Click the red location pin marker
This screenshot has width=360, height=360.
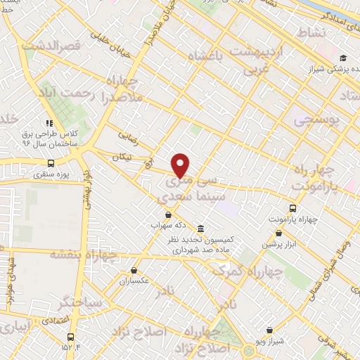point(181,165)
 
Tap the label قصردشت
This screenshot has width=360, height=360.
point(48,46)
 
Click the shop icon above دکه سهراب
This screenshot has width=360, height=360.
point(167,215)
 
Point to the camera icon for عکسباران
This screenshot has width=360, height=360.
point(134,270)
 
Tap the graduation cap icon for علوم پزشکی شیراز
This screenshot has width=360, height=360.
point(342,58)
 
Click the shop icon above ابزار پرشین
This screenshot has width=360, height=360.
point(280,233)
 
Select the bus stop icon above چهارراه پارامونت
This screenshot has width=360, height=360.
point(292,208)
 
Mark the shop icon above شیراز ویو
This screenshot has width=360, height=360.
point(269,330)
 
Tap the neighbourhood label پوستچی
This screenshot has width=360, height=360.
point(320,120)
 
